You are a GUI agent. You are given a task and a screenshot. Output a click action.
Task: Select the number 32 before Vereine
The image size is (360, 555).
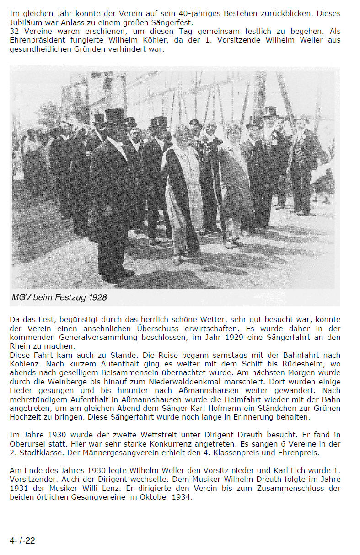[x=14, y=32]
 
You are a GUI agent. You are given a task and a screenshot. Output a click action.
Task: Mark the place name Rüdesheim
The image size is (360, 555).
[x=305, y=364]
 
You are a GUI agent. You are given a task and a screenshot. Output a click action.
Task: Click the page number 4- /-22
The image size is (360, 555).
[x=22, y=540]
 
